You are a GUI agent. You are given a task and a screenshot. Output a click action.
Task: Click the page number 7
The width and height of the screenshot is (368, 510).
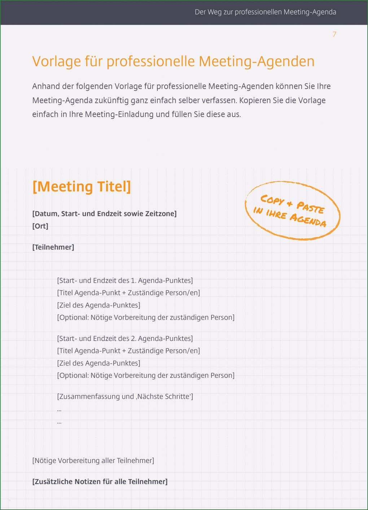(x=334, y=34)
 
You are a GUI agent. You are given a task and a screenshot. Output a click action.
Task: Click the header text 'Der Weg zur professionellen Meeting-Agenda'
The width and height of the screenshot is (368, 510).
(x=265, y=12)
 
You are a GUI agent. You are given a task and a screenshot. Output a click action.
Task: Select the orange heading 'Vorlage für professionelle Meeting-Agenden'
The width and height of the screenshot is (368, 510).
(x=173, y=61)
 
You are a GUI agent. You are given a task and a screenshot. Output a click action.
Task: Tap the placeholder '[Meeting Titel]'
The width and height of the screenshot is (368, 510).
(x=82, y=187)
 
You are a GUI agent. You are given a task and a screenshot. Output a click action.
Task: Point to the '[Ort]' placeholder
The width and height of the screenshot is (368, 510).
(x=40, y=226)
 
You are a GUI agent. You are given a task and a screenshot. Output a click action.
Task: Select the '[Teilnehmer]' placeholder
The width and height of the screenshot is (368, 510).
(x=53, y=247)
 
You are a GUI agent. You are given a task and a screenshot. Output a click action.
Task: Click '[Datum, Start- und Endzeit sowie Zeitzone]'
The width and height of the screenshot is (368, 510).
(x=104, y=213)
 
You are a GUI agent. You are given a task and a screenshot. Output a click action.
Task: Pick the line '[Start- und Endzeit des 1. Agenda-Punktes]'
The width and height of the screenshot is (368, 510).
(x=125, y=281)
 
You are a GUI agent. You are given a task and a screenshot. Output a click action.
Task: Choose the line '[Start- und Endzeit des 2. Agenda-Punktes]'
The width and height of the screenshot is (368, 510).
(x=125, y=338)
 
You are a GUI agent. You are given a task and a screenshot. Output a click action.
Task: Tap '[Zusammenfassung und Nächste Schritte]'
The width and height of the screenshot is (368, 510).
(x=125, y=397)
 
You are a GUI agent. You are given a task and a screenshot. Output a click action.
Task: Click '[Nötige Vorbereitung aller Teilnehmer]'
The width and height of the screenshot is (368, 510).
(x=93, y=461)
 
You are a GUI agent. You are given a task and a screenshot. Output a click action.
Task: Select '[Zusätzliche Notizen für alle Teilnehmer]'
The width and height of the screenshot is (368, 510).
(x=100, y=481)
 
